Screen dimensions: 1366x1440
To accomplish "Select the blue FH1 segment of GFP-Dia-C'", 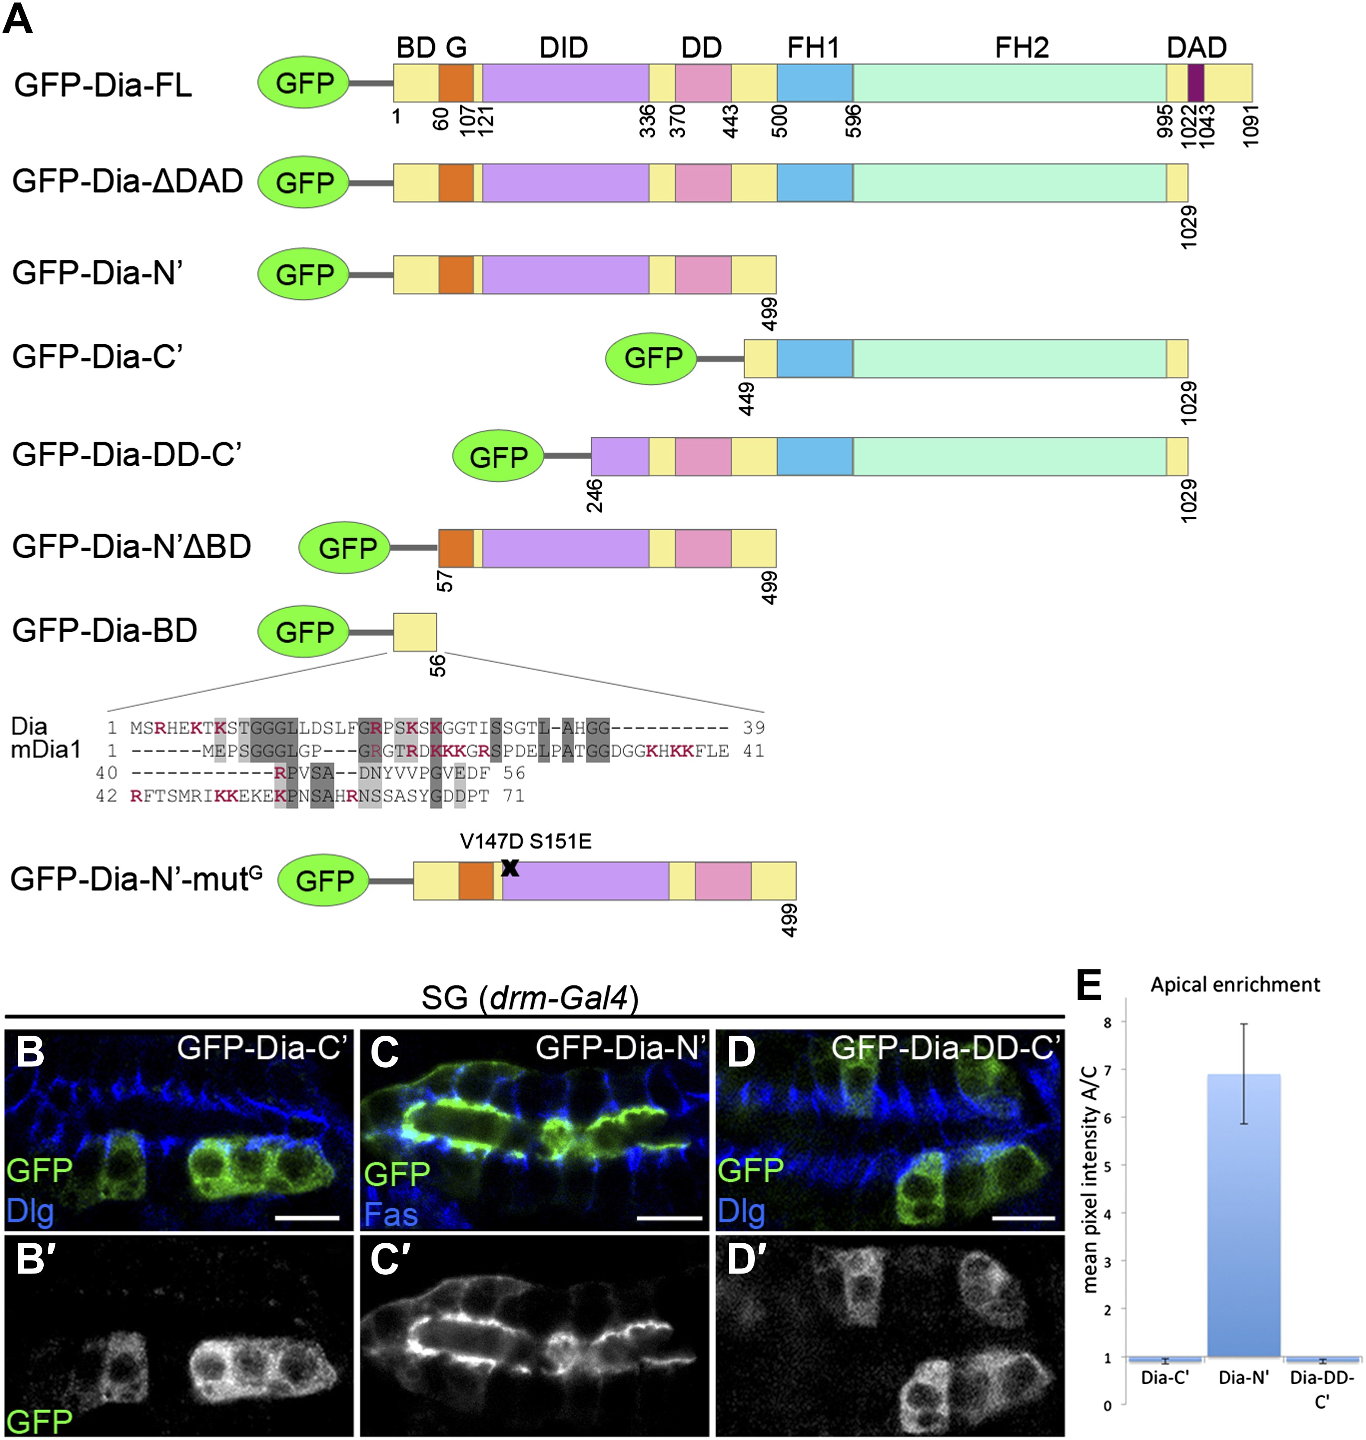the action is pyautogui.click(x=815, y=358).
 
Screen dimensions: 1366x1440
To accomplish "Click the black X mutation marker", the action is pyautogui.click(x=510, y=867).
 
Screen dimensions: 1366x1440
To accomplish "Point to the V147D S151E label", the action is pyautogui.click(x=526, y=842).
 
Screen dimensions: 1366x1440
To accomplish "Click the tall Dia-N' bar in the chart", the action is pyautogui.click(x=1244, y=1215).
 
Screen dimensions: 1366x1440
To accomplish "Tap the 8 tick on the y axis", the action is pyautogui.click(x=1107, y=1023).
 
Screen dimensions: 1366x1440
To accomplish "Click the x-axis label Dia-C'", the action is pyautogui.click(x=1165, y=1377).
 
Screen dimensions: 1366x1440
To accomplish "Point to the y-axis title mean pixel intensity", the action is pyautogui.click(x=1090, y=1179).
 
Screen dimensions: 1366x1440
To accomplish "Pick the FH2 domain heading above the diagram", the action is pyautogui.click(x=1022, y=48).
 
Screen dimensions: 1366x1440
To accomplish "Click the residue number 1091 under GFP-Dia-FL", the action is pyautogui.click(x=1251, y=125).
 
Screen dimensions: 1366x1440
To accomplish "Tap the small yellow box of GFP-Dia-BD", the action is pyautogui.click(x=415, y=632).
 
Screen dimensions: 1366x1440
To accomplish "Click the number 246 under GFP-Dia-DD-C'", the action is pyautogui.click(x=595, y=496).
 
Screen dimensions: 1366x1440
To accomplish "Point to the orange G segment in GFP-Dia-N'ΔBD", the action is pyautogui.click(x=456, y=548).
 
